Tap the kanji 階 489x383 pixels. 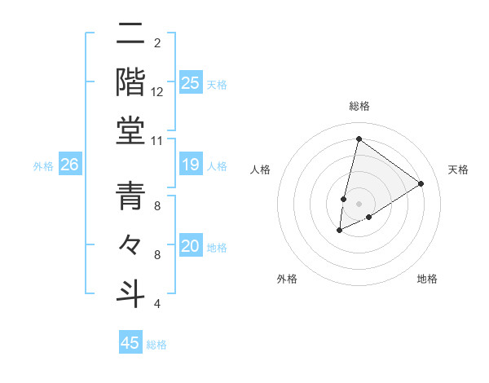(x=131, y=83)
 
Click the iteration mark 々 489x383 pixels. (x=131, y=244)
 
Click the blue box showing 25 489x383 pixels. (x=190, y=83)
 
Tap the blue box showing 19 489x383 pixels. (x=190, y=165)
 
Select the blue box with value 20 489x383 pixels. (x=190, y=247)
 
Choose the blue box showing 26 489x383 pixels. (x=69, y=165)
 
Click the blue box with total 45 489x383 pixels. (x=130, y=343)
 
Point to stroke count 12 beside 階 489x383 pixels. (x=157, y=92)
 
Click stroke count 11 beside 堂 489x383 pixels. (x=157, y=140)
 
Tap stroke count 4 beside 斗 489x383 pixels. (x=157, y=303)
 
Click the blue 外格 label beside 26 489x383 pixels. (x=43, y=166)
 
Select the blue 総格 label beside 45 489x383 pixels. (x=156, y=345)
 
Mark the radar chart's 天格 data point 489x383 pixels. (x=421, y=183)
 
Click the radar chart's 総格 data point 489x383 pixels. (x=358, y=139)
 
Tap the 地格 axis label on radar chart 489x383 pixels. (x=427, y=279)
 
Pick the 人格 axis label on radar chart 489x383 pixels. (x=260, y=169)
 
